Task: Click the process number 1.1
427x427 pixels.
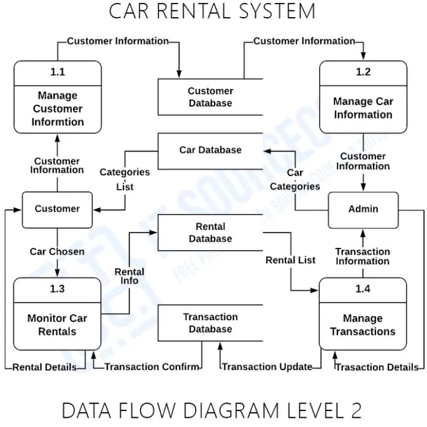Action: click(57, 72)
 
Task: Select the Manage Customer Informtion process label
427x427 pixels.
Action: click(57, 109)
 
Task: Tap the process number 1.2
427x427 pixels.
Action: click(363, 72)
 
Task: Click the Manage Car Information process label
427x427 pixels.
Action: click(363, 108)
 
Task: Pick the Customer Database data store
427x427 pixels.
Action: click(210, 97)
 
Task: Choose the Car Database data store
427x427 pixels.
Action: click(210, 150)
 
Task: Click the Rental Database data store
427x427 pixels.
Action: click(210, 233)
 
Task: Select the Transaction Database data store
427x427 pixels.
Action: click(210, 323)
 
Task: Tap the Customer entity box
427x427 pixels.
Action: click(57, 209)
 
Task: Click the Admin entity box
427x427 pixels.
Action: click(363, 209)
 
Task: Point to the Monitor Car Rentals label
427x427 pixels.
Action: click(57, 325)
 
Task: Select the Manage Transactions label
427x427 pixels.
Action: click(363, 325)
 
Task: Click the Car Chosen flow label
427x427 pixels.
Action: click(57, 252)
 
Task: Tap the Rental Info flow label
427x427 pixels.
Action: click(129, 276)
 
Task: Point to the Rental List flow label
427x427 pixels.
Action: click(290, 260)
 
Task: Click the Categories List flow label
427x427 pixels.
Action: click(125, 179)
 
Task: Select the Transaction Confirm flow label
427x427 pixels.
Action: click(152, 367)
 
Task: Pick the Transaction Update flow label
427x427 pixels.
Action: click(267, 367)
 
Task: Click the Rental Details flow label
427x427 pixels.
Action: click(45, 367)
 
